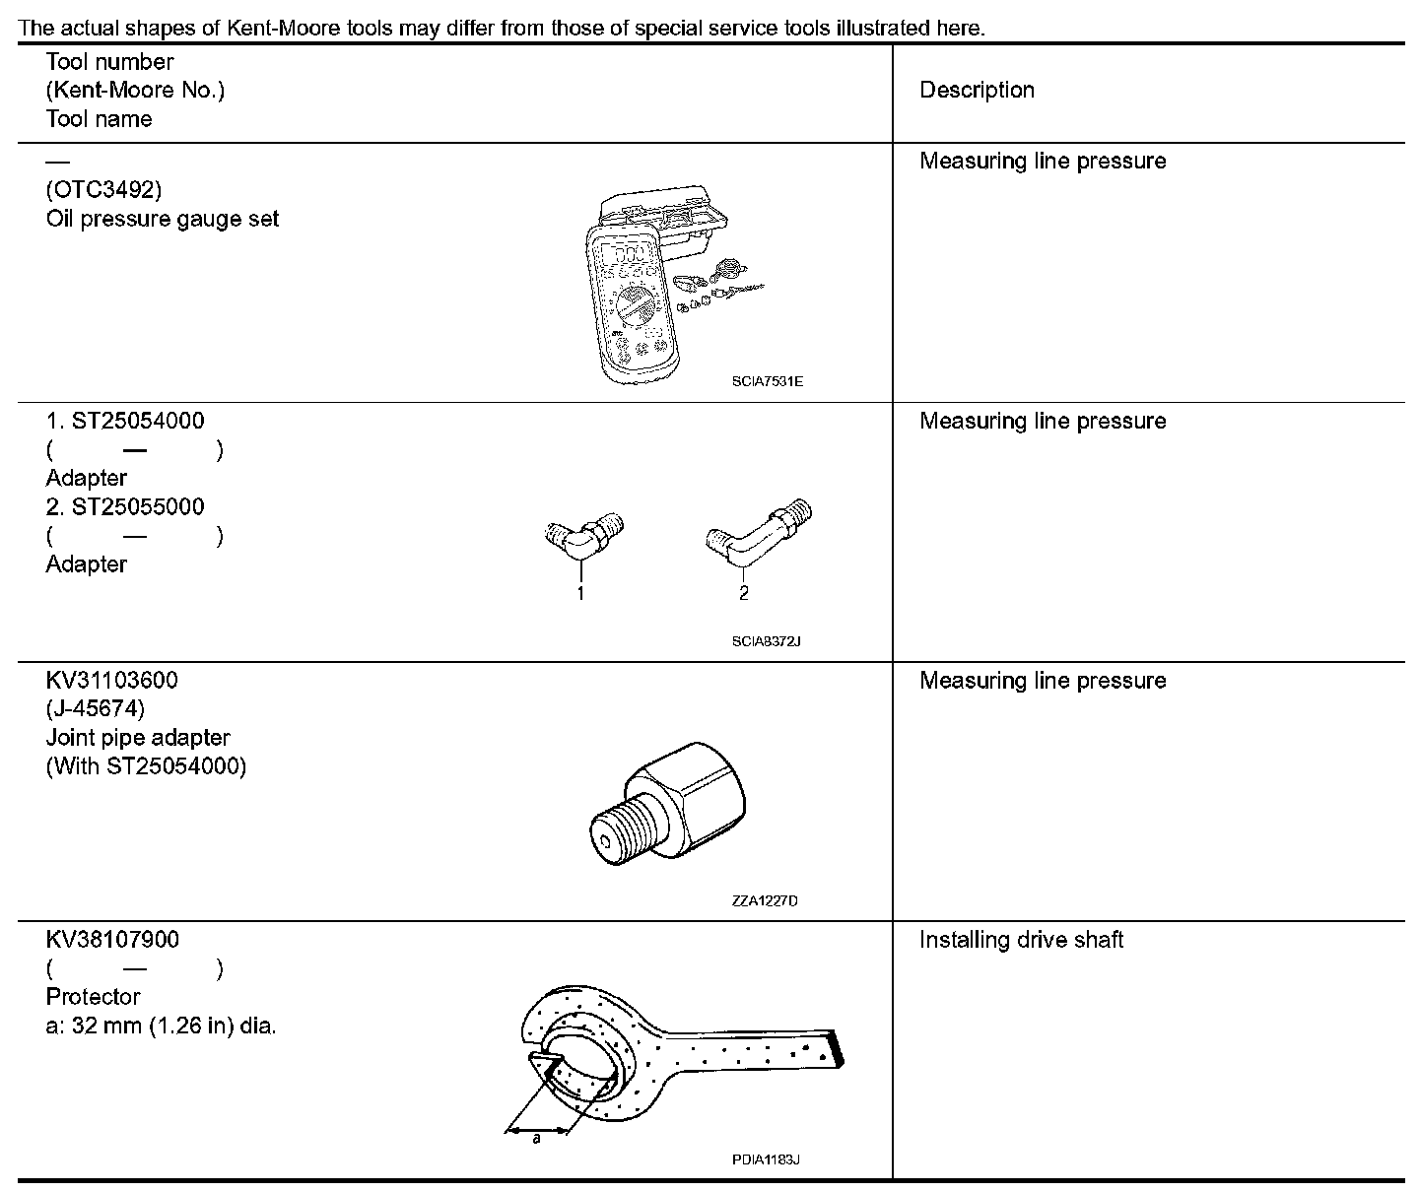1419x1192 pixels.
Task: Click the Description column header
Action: click(977, 91)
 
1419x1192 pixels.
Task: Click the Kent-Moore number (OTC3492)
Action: click(103, 189)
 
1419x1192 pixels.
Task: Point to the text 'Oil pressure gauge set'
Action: click(163, 219)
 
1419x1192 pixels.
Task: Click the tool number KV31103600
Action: click(112, 681)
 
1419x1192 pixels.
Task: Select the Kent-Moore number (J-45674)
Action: click(96, 709)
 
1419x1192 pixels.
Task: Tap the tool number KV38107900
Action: click(112, 940)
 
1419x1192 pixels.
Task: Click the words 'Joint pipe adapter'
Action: click(138, 738)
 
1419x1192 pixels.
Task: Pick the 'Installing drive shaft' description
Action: click(1021, 940)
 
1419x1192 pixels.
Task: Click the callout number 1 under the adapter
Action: click(580, 593)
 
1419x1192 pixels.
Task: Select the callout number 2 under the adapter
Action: click(744, 593)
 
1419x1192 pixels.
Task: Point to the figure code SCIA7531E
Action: click(767, 381)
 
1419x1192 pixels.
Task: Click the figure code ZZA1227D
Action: click(766, 900)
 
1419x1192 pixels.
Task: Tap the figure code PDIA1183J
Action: click(766, 1159)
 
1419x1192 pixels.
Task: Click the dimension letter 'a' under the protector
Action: click(537, 1140)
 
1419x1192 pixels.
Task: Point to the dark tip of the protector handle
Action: click(837, 1048)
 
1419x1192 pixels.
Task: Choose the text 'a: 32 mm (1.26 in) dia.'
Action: click(162, 1026)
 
